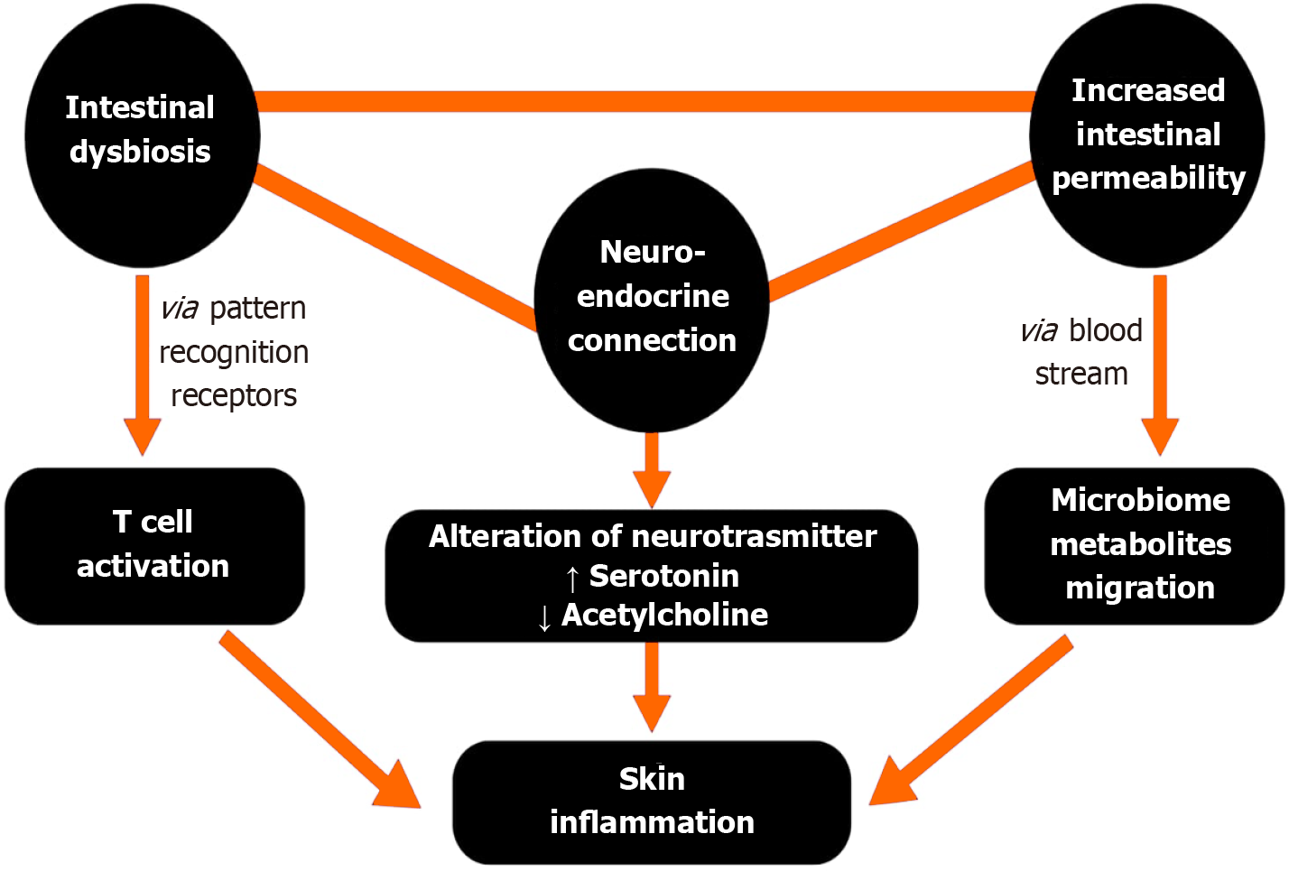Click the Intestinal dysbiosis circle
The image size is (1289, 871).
click(x=141, y=135)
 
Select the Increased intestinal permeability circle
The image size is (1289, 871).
click(x=1147, y=135)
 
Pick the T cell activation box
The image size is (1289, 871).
click(x=153, y=545)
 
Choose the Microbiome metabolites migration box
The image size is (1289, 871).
click(x=1135, y=545)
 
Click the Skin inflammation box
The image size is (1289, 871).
click(x=652, y=802)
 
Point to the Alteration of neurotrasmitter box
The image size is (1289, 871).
click(x=652, y=537)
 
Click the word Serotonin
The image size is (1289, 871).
click(x=663, y=576)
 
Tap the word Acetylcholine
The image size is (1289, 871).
click(x=664, y=616)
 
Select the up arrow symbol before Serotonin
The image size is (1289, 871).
click(x=572, y=578)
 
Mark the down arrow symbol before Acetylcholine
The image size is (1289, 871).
click(x=544, y=618)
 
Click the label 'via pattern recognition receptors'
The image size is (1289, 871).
click(x=233, y=352)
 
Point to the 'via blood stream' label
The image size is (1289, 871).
click(x=1081, y=352)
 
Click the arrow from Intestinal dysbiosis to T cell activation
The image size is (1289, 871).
click(x=142, y=361)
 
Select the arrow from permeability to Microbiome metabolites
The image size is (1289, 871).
click(x=1160, y=361)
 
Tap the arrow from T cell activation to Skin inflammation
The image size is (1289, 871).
click(x=316, y=718)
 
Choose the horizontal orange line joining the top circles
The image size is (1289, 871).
click(x=644, y=101)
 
